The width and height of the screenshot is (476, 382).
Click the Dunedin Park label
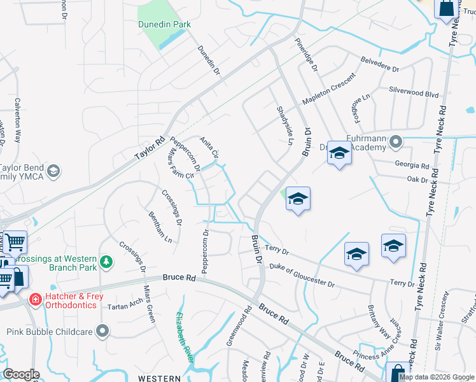coord(164,25)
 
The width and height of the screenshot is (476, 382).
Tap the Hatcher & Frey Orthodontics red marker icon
coord(36,299)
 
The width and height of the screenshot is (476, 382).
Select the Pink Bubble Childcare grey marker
coord(102,330)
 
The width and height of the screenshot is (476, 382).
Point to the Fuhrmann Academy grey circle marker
coord(396,141)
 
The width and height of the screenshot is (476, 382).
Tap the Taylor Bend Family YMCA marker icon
coord(54,170)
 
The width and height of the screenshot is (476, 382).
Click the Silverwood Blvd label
coord(414,93)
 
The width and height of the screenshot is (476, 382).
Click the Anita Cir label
coord(209,148)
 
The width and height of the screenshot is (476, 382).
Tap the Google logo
coord(21,374)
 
